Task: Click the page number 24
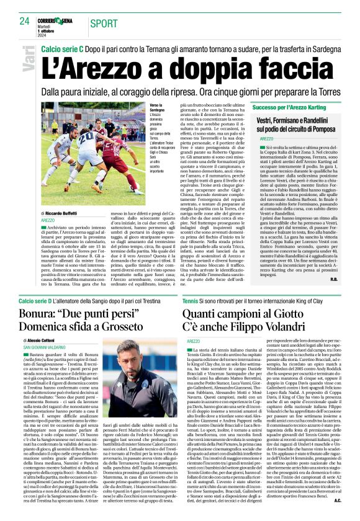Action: pos(24,20)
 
